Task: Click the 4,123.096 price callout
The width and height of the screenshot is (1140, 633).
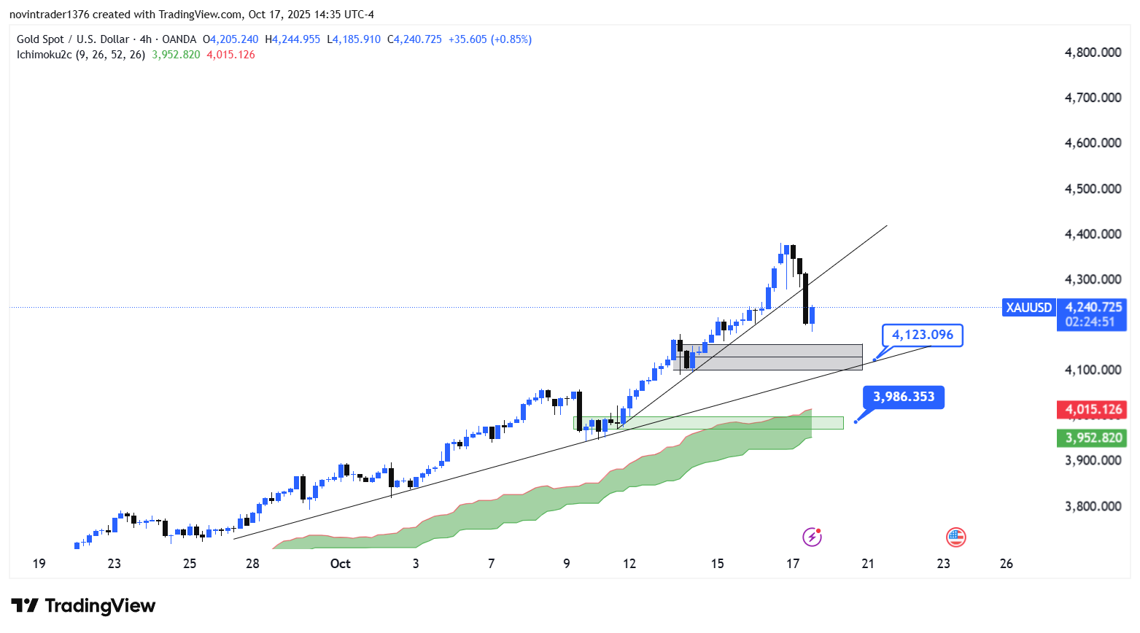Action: click(x=923, y=335)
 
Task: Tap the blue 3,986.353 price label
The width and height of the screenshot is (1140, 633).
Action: click(x=904, y=397)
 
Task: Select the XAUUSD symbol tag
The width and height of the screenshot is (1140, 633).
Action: click(x=1028, y=308)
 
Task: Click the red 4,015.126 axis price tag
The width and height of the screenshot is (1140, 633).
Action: click(x=1093, y=410)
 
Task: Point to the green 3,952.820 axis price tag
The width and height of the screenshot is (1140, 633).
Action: click(x=1093, y=438)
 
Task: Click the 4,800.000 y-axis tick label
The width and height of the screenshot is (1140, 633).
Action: click(x=1093, y=53)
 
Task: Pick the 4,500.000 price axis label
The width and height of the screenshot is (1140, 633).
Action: click(x=1093, y=189)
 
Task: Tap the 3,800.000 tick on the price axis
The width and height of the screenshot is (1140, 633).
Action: click(x=1093, y=506)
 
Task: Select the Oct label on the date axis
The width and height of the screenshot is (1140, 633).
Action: click(x=340, y=564)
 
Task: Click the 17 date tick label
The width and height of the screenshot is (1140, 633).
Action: click(x=793, y=564)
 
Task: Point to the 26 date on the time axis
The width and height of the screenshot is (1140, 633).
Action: click(x=1007, y=564)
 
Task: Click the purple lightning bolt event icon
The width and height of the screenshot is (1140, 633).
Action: click(x=812, y=537)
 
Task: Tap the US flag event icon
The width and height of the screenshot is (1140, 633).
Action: click(x=955, y=537)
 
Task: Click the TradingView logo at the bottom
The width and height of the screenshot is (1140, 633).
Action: click(x=83, y=606)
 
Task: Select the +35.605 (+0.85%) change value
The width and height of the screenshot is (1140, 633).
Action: click(x=489, y=39)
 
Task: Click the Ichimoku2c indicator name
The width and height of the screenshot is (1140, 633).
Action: click(x=44, y=55)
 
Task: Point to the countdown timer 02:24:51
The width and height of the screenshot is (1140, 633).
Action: click(x=1090, y=322)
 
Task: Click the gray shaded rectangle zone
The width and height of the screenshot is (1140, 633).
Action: click(x=773, y=357)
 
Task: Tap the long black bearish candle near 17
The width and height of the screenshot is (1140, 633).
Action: click(x=806, y=298)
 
